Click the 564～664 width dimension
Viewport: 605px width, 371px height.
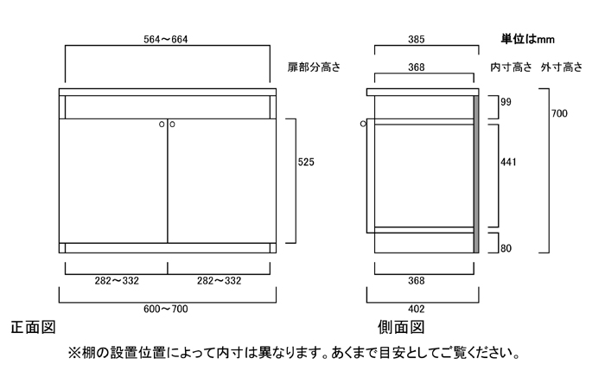pyautogui.click(x=166, y=40)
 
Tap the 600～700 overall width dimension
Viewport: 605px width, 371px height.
pyautogui.click(x=166, y=309)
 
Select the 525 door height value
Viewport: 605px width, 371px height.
pyautogui.click(x=306, y=162)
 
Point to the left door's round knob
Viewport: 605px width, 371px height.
pyautogui.click(x=162, y=125)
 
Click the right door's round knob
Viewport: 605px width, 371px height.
pyautogui.click(x=173, y=125)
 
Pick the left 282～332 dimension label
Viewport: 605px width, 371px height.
pyautogui.click(x=117, y=281)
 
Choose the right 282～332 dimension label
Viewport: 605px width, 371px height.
pyautogui.click(x=219, y=281)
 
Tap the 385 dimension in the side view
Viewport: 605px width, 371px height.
pyautogui.click(x=417, y=40)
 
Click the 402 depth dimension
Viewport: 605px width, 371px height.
pyautogui.click(x=417, y=309)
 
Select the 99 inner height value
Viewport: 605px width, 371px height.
pyautogui.click(x=506, y=102)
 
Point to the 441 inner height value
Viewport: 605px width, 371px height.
pyautogui.click(x=508, y=162)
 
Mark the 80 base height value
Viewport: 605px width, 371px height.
pyautogui.click(x=506, y=248)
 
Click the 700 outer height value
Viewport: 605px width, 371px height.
pyautogui.click(x=559, y=113)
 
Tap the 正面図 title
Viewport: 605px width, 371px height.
pyautogui.click(x=33, y=328)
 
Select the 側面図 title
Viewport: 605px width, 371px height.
pyautogui.click(x=401, y=328)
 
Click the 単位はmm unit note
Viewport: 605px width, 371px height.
pyautogui.click(x=528, y=39)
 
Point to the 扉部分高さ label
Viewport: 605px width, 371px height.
pyautogui.click(x=314, y=67)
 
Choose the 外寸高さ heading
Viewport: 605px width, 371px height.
pyautogui.click(x=562, y=67)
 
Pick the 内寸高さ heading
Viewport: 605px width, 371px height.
pyautogui.click(x=512, y=67)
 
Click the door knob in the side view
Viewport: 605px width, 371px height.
pyautogui.click(x=363, y=124)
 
